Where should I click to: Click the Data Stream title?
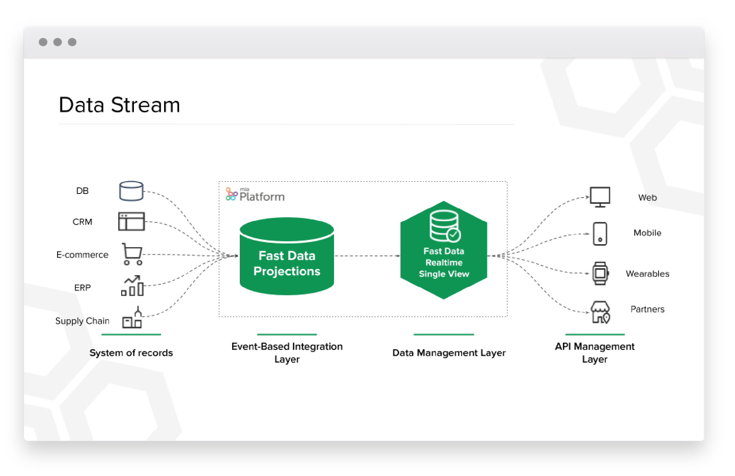119,105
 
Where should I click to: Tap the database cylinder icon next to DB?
131,191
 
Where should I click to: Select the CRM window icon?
131,221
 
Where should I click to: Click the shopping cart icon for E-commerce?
132,254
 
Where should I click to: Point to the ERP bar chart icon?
132,286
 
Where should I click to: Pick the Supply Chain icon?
132,318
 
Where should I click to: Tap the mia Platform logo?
255,195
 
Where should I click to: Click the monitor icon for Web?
600,197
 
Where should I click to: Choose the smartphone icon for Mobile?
600,234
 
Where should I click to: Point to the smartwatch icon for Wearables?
600,273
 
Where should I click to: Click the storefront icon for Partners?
600,312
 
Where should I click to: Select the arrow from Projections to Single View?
367,256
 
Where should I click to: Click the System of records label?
131,353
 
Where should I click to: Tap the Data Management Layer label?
449,353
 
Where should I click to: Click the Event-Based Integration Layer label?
287,352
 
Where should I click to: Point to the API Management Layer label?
595,352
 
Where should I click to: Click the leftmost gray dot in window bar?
43,42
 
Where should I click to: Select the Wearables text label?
647,274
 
